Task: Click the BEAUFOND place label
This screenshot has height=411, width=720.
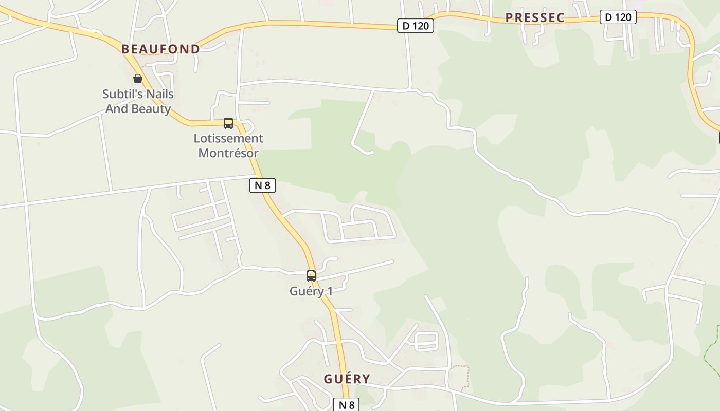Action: point(160,49)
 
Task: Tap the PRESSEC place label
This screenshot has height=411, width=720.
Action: point(535,18)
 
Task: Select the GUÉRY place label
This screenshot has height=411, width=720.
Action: point(347,379)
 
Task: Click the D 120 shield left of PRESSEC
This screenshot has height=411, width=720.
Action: point(416,26)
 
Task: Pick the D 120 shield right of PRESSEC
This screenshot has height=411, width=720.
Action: point(618,17)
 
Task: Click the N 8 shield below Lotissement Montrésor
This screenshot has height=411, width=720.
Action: point(262,185)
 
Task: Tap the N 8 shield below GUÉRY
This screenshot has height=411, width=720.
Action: point(347,405)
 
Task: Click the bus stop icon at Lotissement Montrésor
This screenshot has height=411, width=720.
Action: point(228,123)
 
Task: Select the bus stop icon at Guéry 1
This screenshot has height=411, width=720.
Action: point(311,276)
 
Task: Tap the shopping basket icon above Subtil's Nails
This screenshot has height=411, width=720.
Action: point(137,79)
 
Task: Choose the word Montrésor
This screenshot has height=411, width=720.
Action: point(228,153)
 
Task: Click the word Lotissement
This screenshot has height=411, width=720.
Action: point(228,138)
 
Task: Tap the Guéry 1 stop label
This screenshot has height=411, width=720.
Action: point(311,291)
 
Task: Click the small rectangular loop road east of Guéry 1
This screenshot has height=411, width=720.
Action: point(426,341)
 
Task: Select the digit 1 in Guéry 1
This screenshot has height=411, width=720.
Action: point(330,291)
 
